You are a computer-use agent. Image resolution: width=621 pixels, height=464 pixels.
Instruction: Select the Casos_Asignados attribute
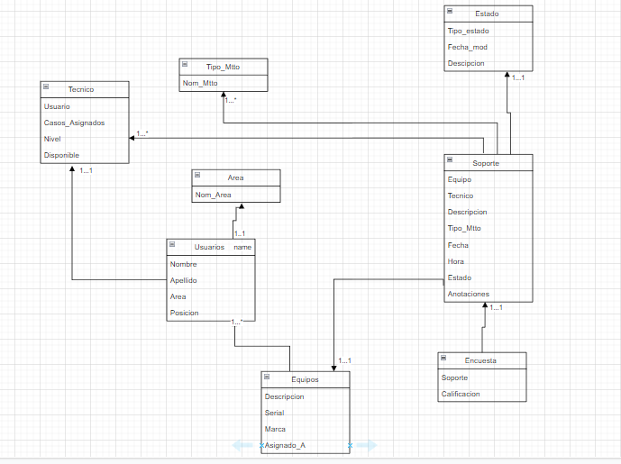74,123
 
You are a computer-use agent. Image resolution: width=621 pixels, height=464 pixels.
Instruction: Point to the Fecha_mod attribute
467,47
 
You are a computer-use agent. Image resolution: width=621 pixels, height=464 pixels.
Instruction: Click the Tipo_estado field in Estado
468,31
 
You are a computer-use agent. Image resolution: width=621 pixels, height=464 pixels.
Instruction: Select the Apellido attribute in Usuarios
184,280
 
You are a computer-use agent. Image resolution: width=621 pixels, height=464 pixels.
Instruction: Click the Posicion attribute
185,313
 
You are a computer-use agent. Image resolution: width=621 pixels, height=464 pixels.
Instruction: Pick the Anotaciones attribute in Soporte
468,294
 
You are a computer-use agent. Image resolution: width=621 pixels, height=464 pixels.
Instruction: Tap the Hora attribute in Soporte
456,261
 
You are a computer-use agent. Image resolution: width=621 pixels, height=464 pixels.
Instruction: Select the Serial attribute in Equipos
275,412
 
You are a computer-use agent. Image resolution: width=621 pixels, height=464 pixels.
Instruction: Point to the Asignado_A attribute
285,445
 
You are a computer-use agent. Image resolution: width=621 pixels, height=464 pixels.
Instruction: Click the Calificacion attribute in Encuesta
461,394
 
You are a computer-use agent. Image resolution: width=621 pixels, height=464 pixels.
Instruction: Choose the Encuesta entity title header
482,360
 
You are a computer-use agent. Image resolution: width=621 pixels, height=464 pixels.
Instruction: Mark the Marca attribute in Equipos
275,429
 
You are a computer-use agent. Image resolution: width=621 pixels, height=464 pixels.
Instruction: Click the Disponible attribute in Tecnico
61,155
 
